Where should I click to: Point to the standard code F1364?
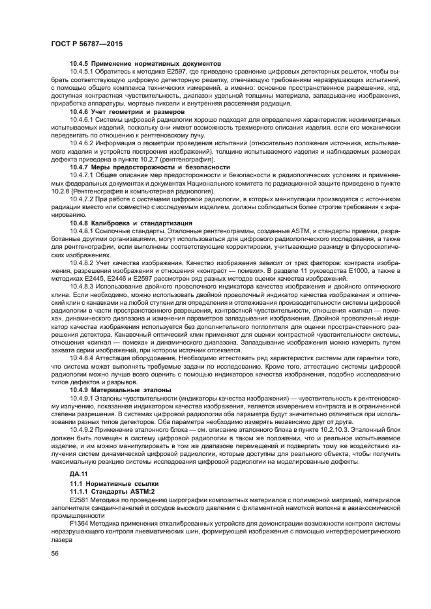(x=78, y=524)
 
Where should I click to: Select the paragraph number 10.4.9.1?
(x=83, y=398)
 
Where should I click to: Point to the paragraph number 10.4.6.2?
(x=83, y=139)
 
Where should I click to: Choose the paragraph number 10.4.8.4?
(x=83, y=357)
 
